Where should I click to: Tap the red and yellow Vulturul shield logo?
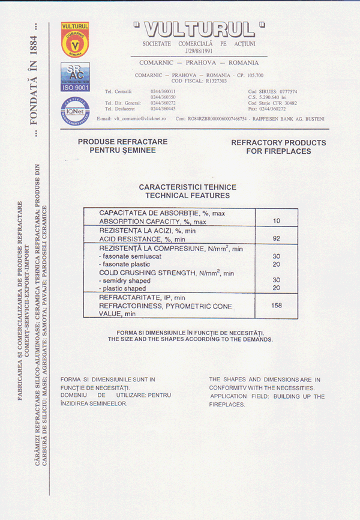75,40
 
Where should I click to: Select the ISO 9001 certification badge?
75,76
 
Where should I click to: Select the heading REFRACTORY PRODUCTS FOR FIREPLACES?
278,147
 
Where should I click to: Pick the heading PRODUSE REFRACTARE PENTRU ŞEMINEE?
122,146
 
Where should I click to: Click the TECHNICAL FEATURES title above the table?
187,196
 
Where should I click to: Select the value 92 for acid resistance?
276,239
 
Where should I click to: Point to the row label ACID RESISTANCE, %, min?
142,240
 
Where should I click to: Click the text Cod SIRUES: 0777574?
272,92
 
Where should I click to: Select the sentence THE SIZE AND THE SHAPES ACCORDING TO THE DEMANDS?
190,340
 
